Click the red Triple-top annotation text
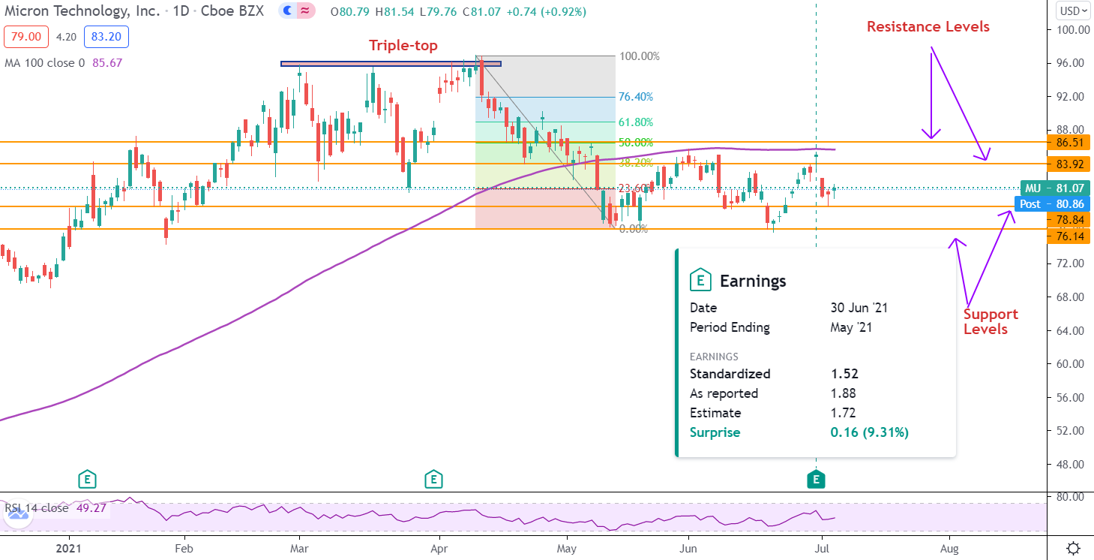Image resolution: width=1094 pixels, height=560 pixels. click(x=403, y=46)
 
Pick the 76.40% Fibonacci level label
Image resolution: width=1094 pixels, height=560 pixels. click(x=636, y=97)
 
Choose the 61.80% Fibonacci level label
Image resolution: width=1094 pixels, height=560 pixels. click(x=636, y=122)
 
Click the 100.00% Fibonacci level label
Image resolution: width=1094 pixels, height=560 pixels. click(x=639, y=56)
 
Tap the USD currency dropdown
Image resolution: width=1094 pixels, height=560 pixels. click(x=1072, y=11)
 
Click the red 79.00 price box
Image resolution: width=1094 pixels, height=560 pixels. click(x=27, y=36)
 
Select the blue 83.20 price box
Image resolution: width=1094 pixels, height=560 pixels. click(x=106, y=36)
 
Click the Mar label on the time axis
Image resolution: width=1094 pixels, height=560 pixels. click(x=299, y=549)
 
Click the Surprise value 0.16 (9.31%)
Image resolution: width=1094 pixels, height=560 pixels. click(x=869, y=432)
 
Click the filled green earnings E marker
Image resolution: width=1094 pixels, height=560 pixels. click(x=816, y=479)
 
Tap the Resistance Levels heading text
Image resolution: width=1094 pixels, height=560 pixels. click(x=928, y=27)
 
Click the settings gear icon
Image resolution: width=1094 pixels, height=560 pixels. click(x=1073, y=548)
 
